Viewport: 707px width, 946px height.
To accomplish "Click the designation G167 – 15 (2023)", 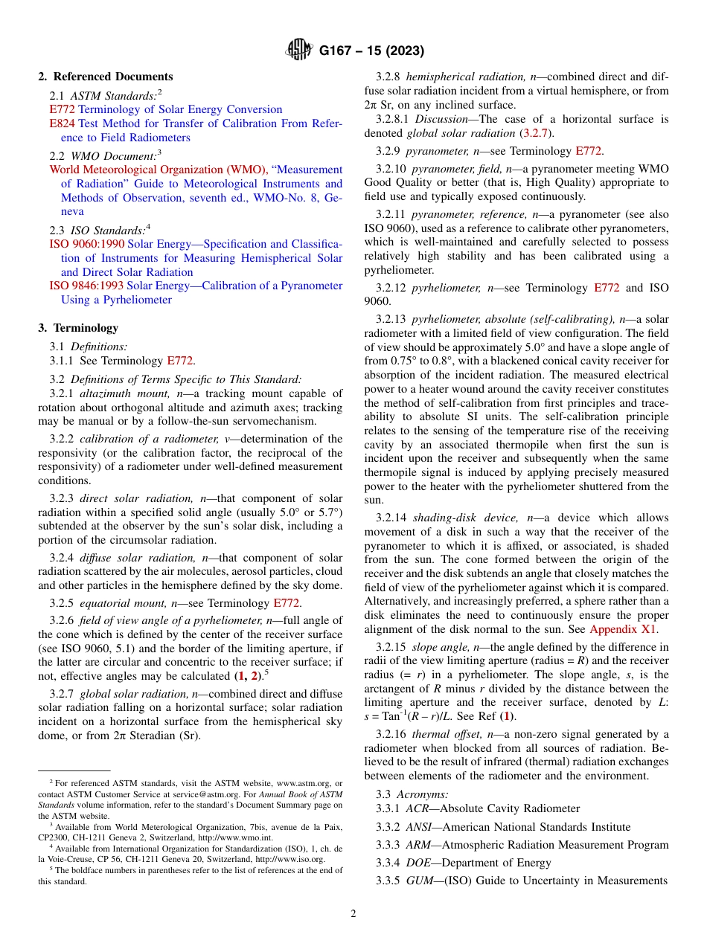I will [371, 51].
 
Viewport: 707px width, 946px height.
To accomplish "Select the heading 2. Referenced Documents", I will [106, 77].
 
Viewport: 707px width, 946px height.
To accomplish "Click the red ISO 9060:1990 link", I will [87, 244].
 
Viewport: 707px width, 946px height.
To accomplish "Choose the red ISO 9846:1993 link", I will [87, 286].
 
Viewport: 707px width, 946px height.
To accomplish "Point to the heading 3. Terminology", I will [78, 328].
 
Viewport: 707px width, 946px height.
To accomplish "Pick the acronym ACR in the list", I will [418, 808].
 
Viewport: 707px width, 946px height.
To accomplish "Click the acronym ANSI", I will [420, 827].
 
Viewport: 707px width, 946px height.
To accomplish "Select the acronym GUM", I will [420, 881].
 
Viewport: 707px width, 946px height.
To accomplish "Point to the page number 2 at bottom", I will [353, 914].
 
